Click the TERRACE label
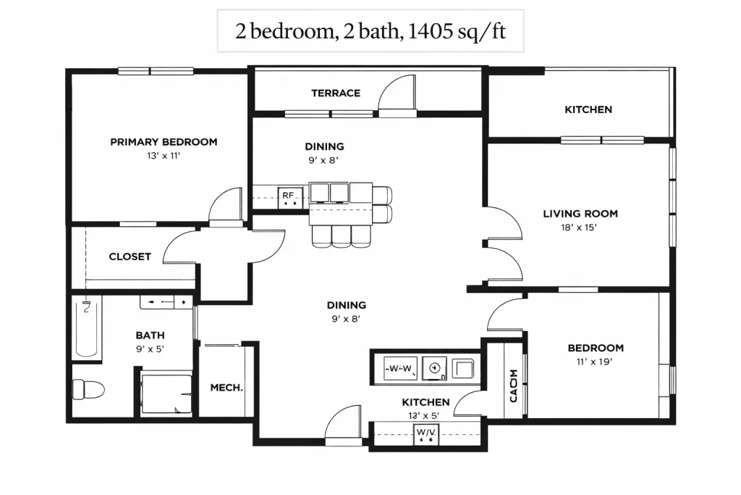336,93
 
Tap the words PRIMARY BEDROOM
164,142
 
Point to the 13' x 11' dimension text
164,156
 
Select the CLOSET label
130,257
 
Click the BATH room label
151,336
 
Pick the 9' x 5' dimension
151,349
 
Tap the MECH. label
226,388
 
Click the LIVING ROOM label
580,214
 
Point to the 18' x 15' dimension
579,228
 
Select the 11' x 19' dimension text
595,362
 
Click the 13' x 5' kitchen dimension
424,416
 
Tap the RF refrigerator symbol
289,198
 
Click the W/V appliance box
426,434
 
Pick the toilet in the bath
88,390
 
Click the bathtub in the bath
87,328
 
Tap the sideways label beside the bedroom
514,386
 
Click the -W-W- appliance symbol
400,369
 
